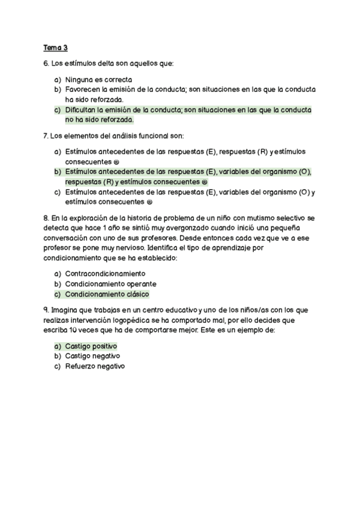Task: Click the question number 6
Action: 46,63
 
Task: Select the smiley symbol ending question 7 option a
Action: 116,162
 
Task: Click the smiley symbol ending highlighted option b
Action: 205,182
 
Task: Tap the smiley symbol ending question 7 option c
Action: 149,202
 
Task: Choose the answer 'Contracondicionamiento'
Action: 105,274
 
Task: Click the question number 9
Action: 46,310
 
